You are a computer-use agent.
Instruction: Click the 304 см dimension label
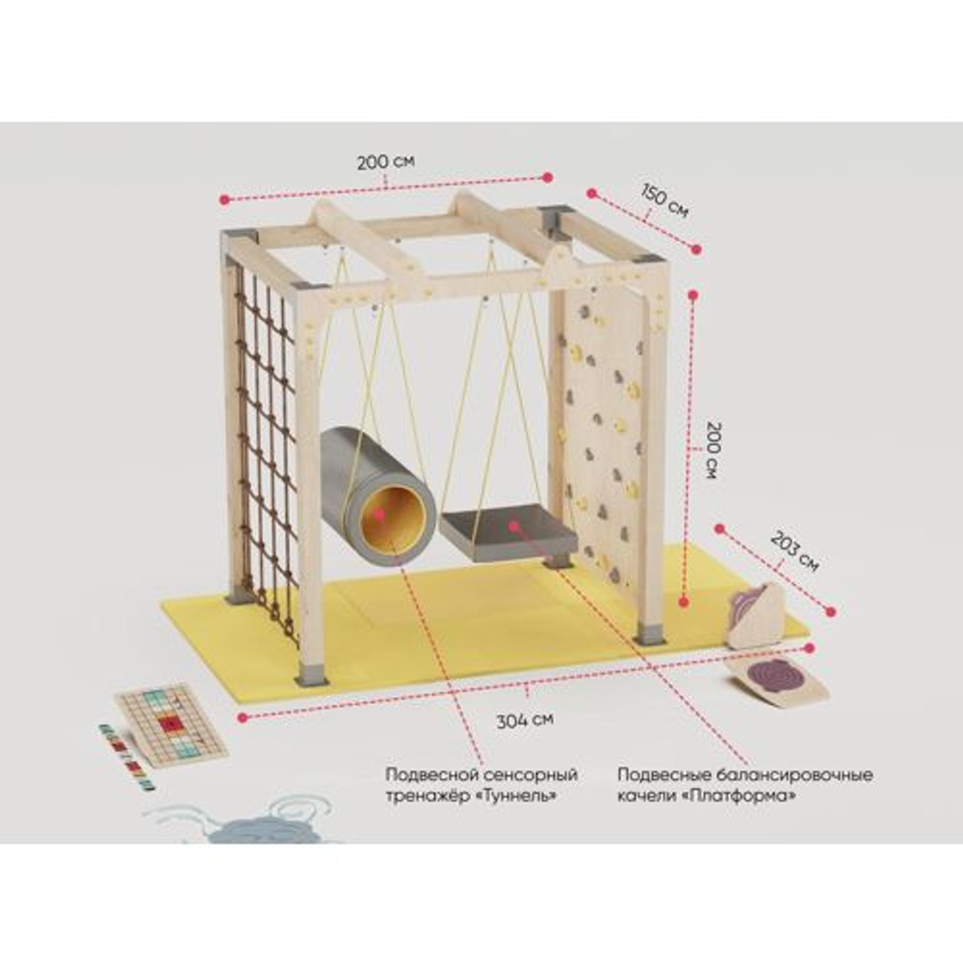(525, 719)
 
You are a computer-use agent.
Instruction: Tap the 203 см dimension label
(794, 551)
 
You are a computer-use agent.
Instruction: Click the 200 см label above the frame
(386, 162)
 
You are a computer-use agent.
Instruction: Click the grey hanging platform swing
(509, 532)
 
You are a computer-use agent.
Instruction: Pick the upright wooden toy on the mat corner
(757, 615)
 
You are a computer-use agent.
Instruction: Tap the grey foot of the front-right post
(650, 635)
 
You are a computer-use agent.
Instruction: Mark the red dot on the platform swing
(513, 525)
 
